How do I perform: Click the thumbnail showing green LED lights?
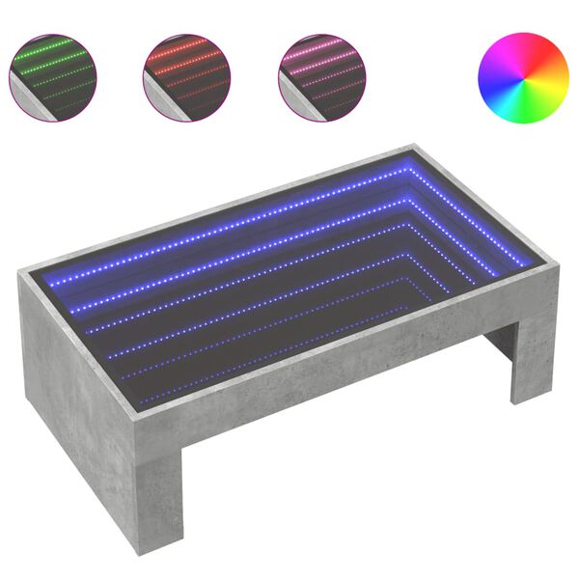pyautogui.click(x=54, y=77)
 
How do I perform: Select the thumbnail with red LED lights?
pyautogui.click(x=189, y=77)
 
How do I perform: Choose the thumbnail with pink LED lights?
pyautogui.click(x=324, y=77)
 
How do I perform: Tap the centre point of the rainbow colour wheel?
pyautogui.click(x=523, y=77)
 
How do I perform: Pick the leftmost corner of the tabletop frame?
pyautogui.click(x=21, y=272)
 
